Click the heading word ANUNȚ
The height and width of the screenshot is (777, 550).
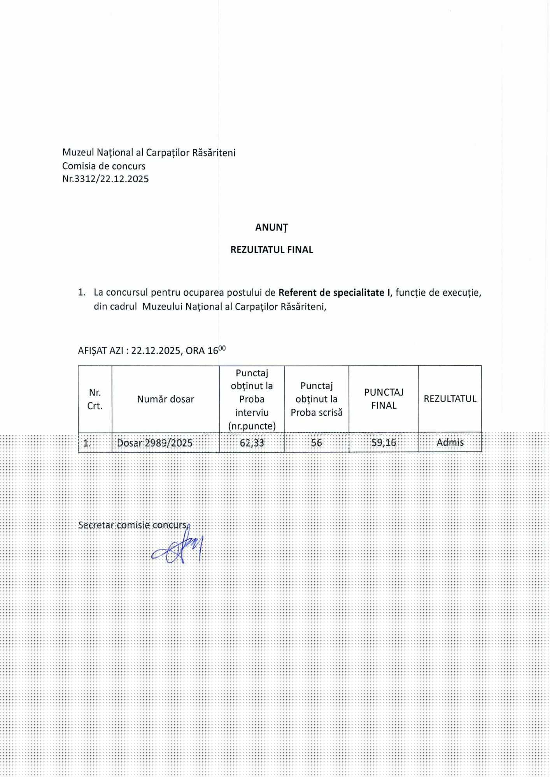(271, 228)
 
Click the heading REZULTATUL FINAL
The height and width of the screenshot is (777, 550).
(271, 249)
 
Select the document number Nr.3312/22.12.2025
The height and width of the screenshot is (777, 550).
(105, 179)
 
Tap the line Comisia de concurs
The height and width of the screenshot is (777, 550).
(104, 166)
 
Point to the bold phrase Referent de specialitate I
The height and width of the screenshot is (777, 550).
(334, 293)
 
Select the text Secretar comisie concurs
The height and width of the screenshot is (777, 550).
(133, 525)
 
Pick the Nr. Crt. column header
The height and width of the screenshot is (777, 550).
(95, 399)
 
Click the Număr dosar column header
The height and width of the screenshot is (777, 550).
(165, 399)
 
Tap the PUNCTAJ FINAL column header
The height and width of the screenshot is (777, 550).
(384, 399)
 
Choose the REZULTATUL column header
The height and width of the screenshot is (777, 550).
(450, 399)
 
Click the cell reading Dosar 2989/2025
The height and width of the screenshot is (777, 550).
(155, 443)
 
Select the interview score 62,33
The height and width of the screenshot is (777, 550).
(252, 443)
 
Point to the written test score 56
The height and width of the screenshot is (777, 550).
(316, 443)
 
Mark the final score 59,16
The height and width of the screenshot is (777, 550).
(384, 443)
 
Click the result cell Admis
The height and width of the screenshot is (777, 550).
(450, 443)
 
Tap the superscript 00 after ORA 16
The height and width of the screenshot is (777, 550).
(222, 348)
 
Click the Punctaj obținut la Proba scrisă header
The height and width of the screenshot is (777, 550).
(316, 399)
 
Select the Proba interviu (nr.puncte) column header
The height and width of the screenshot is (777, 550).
(252, 399)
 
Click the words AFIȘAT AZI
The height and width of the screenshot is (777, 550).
(100, 351)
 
